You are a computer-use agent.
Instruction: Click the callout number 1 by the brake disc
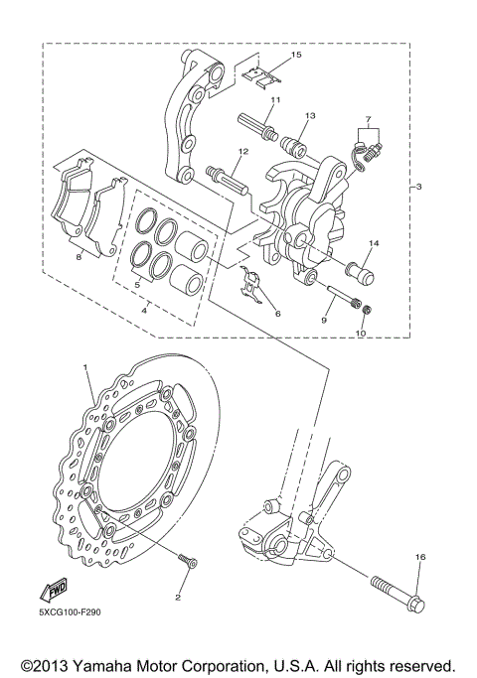pyautogui.click(x=85, y=368)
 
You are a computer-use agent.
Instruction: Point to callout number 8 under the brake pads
pyautogui.click(x=79, y=256)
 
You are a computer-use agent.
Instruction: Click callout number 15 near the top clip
pyautogui.click(x=295, y=55)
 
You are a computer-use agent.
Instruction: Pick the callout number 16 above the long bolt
pyautogui.click(x=419, y=559)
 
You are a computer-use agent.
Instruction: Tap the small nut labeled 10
pyautogui.click(x=366, y=312)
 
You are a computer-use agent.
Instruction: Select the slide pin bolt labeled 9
pyautogui.click(x=340, y=298)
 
